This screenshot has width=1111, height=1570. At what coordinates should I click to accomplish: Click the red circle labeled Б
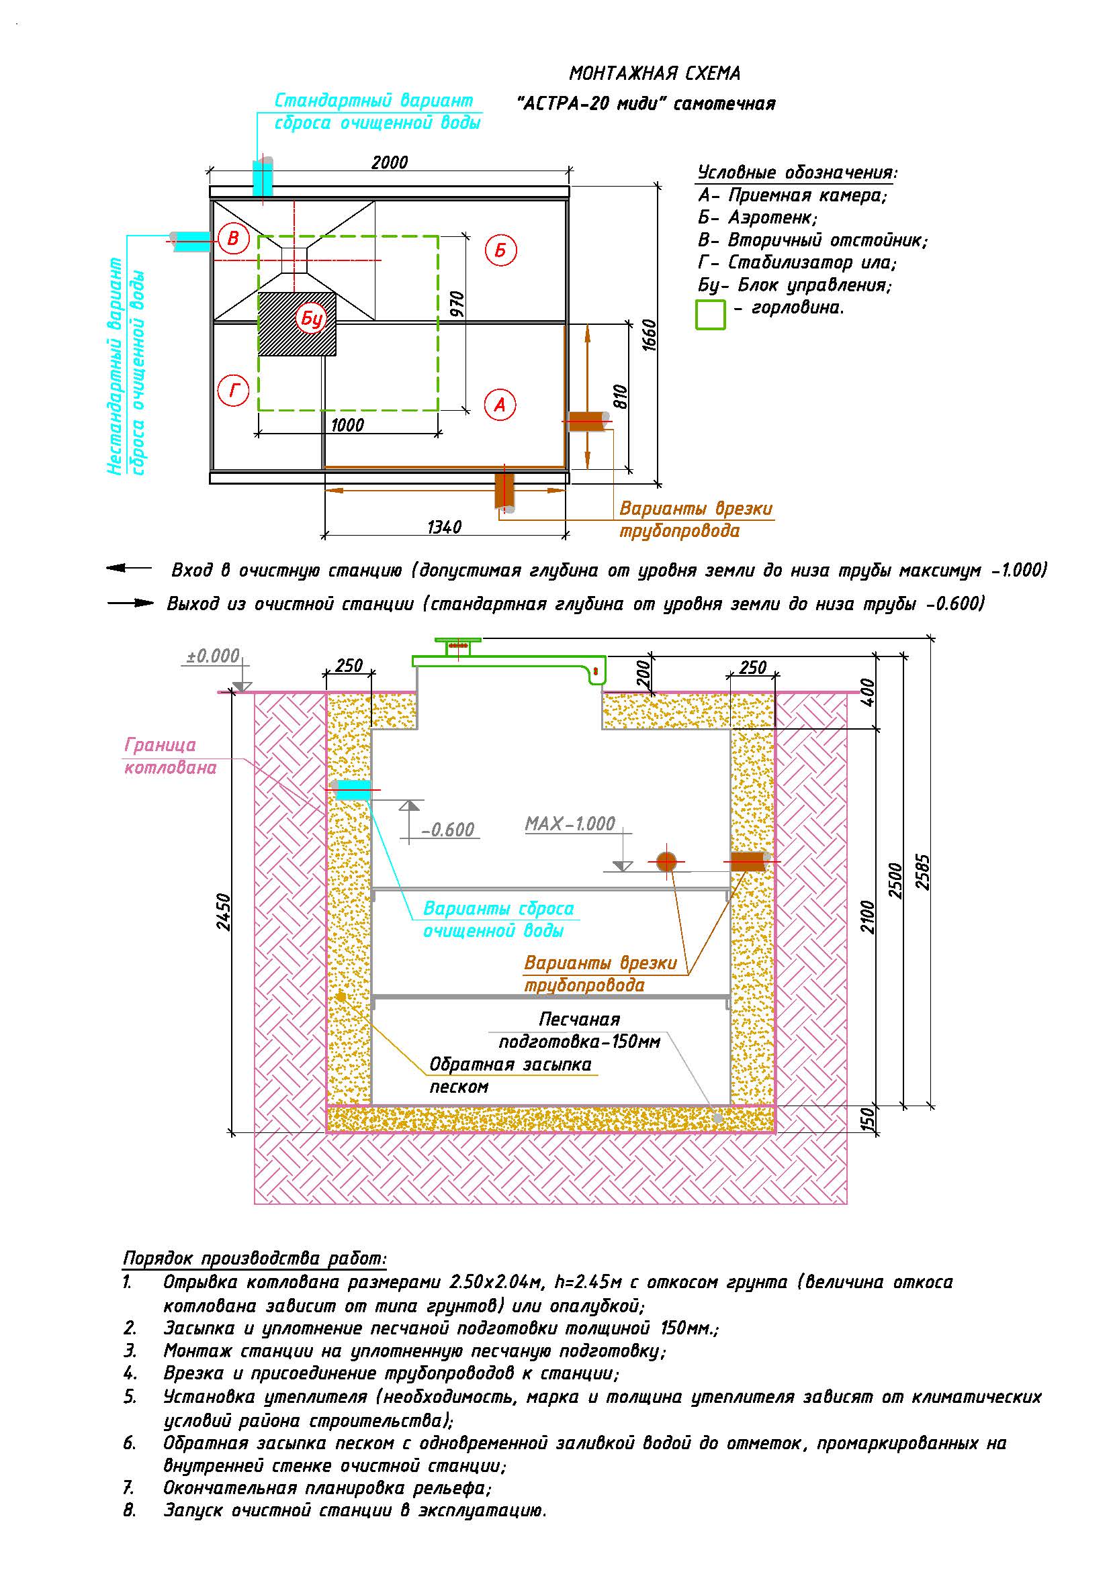point(501,250)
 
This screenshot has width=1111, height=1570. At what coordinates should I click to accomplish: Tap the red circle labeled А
point(500,405)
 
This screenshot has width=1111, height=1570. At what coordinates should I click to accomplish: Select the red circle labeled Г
point(233,391)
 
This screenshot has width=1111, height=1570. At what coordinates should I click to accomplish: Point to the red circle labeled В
point(233,238)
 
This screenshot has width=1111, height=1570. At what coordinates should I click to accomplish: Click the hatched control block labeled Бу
point(297,324)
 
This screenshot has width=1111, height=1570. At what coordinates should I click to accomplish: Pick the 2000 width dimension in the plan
point(390,162)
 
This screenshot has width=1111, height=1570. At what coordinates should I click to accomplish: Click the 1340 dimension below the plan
point(445,527)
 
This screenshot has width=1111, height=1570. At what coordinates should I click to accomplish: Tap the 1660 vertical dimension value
point(650,335)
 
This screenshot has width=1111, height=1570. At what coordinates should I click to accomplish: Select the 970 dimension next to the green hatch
point(457,303)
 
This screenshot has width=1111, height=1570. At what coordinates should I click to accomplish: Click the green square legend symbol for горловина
point(710,315)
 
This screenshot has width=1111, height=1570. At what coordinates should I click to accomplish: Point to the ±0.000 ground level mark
point(214,656)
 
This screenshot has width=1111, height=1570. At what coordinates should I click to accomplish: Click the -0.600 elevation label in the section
point(448,830)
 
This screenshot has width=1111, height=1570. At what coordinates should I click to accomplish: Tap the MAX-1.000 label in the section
point(570,824)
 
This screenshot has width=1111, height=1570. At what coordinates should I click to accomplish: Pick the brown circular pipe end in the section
point(666,862)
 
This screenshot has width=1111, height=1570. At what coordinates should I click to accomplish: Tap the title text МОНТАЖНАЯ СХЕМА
point(655,73)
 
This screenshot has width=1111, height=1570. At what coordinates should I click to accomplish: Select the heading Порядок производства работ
point(255,1258)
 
